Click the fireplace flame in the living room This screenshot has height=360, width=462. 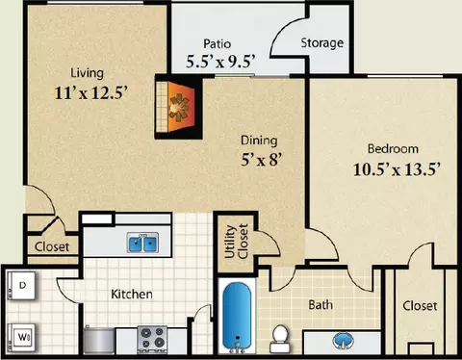click(180, 106)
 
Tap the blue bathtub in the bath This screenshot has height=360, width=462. click(237, 318)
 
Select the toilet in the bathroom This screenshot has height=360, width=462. click(280, 339)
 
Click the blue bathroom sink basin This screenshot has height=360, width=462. click(343, 341)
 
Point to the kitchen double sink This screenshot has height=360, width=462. click(142, 243)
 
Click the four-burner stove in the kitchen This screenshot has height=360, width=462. click(152, 340)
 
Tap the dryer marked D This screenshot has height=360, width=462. click(21, 286)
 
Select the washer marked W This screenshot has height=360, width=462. click(21, 338)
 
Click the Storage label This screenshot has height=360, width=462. click(322, 43)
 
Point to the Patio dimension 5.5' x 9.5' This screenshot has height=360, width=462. click(220, 61)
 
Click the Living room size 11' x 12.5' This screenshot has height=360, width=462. click(91, 93)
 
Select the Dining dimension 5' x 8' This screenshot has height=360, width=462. click(261, 160)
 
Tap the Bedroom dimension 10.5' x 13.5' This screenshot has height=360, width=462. click(396, 169)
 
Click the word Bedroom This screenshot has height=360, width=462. click(393, 149)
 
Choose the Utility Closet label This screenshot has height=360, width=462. click(237, 242)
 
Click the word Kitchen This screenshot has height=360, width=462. click(132, 294)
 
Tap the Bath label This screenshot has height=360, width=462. click(321, 304)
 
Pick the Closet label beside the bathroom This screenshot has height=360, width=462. click(420, 306)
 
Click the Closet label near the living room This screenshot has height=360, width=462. click(52, 246)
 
